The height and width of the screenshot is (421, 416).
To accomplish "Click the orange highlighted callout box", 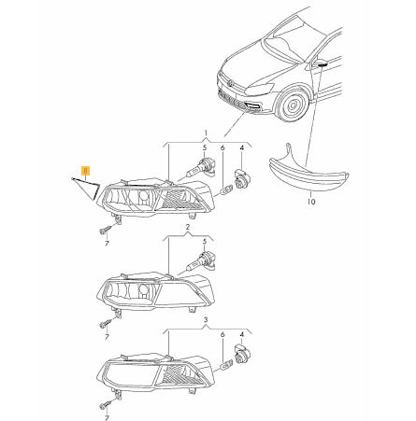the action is point(85,171).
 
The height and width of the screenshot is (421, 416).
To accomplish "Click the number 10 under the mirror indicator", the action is point(311,202).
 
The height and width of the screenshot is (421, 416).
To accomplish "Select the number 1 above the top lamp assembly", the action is point(206,133).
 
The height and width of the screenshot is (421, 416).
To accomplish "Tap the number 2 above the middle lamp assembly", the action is point(188,228).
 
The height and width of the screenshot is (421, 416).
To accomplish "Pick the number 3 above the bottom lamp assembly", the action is point(206,319).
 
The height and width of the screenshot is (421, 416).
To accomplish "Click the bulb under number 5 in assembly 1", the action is point(200,168).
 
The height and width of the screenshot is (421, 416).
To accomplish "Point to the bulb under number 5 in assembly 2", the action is point(200,261).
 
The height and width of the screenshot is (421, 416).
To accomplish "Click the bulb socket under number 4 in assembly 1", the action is point(240,178).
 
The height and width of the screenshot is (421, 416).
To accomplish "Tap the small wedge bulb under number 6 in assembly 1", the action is point(225,189).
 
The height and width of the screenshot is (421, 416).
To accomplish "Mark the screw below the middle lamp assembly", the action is point(105,324).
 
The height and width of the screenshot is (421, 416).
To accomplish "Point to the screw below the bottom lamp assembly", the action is point(105,405).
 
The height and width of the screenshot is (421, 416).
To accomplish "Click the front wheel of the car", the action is point(293,105).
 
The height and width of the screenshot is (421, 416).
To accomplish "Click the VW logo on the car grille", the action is point(230,84).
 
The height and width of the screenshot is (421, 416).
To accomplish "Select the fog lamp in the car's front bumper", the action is point(254,107).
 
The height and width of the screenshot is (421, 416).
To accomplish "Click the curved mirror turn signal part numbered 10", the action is point(308,175).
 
